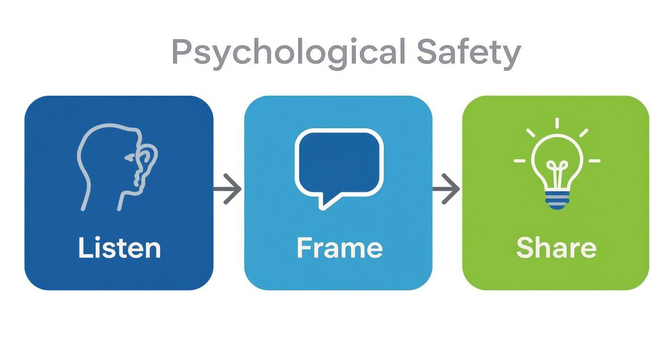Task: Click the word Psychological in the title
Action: coord(289,54)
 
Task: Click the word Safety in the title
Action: coord(469,54)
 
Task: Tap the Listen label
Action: coord(120,247)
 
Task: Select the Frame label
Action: coord(340,247)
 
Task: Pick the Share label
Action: coord(556,247)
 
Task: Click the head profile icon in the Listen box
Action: coord(117,167)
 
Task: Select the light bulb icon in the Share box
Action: coord(557,164)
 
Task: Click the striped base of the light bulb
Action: coord(557,200)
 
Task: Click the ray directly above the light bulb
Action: coord(557,123)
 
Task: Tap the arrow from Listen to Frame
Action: coord(227,189)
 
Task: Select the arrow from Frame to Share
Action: coord(446,189)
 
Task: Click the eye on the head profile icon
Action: coord(130,157)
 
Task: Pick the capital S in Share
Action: coord(525,247)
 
